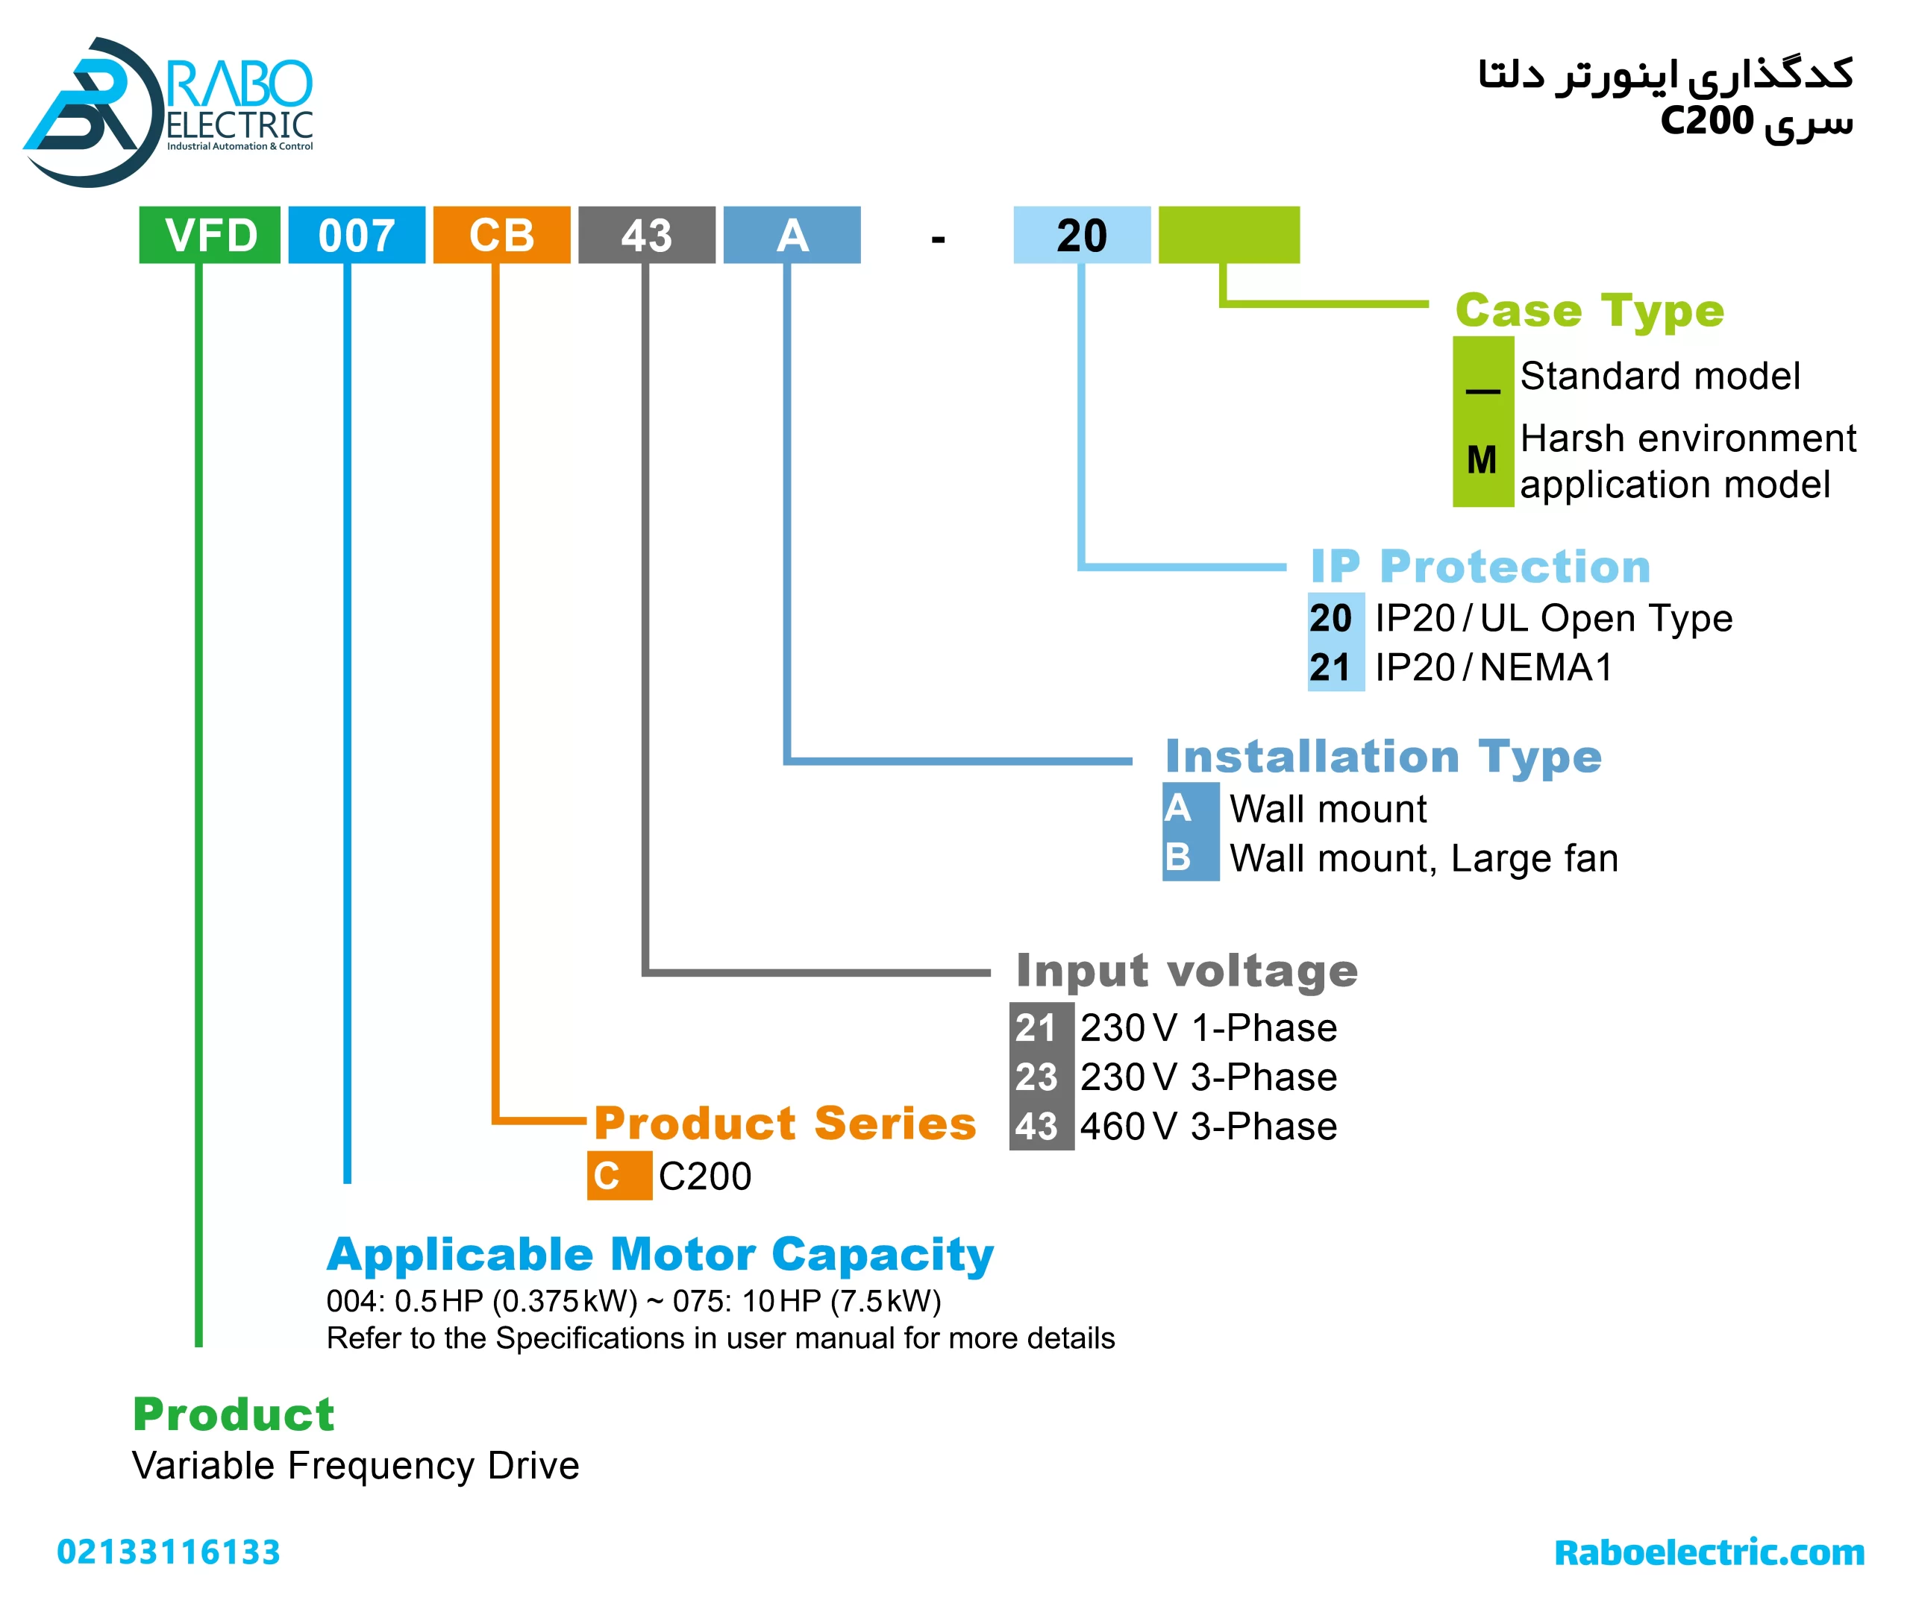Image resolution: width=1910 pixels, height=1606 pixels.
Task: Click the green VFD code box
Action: click(x=210, y=235)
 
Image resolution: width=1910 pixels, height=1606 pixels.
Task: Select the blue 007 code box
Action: click(x=356, y=235)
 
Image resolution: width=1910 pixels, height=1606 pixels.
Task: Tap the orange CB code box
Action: click(x=501, y=235)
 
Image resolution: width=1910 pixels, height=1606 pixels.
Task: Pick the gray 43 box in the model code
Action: click(x=647, y=235)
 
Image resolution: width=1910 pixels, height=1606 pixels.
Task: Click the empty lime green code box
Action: click(x=1228, y=235)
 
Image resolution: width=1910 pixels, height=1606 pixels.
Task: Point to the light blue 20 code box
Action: click(x=1081, y=235)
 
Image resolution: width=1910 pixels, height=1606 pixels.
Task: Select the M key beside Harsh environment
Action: click(x=1482, y=460)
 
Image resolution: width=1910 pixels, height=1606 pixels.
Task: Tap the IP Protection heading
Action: click(x=1480, y=567)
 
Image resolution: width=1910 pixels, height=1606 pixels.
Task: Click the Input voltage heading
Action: click(x=1186, y=971)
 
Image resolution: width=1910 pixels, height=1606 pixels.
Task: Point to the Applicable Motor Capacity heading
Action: click(x=660, y=1255)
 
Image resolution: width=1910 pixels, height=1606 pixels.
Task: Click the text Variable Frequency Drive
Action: click(x=355, y=1466)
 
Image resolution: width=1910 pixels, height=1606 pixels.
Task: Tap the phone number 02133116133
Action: click(x=169, y=1552)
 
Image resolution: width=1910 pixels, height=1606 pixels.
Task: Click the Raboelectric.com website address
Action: click(x=1709, y=1552)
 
